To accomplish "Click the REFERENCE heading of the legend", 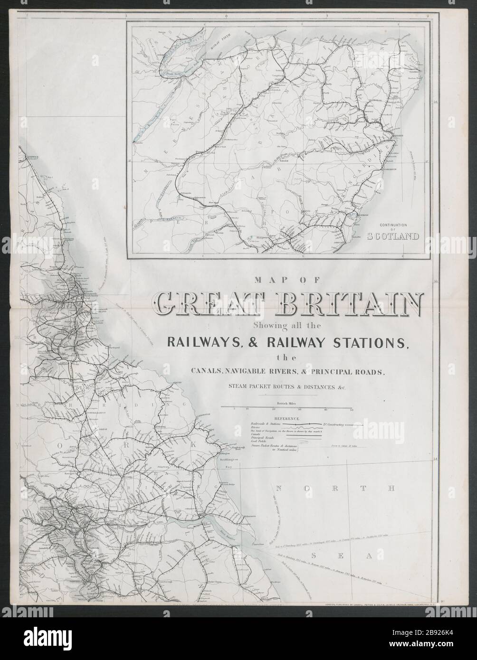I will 284,419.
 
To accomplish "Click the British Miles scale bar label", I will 283,403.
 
